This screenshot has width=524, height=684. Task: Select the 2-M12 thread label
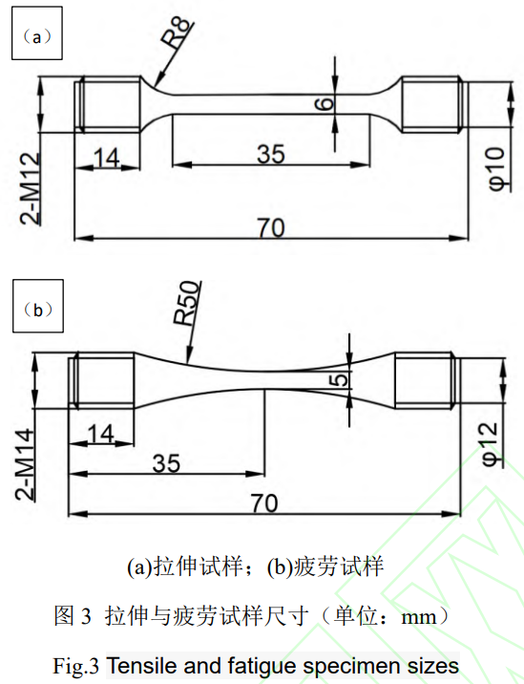(x=31, y=187)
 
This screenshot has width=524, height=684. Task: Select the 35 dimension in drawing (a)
(x=271, y=153)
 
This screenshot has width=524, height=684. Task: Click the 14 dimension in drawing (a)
(x=108, y=157)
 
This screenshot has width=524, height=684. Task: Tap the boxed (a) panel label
(x=36, y=38)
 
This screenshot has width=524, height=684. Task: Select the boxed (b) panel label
(x=36, y=310)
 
